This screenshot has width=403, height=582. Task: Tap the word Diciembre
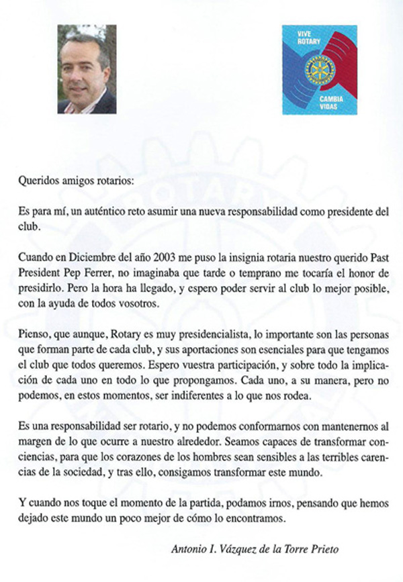click(88, 256)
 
